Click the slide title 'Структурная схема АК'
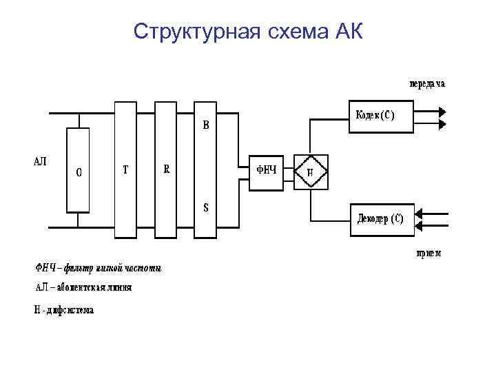247,31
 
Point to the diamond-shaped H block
310,171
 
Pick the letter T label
125,169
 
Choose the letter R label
166,169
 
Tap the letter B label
205,126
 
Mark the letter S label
205,207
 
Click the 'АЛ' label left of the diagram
41,161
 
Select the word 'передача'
428,84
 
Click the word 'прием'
428,254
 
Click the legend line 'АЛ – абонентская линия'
83,287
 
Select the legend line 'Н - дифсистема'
64,310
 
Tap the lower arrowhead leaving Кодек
442,123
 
